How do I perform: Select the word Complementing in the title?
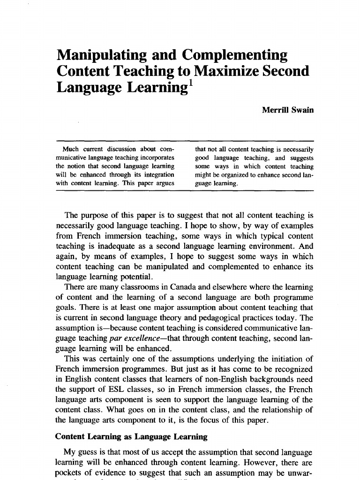tap(235, 55)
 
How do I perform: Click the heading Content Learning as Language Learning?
tap(131, 437)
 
